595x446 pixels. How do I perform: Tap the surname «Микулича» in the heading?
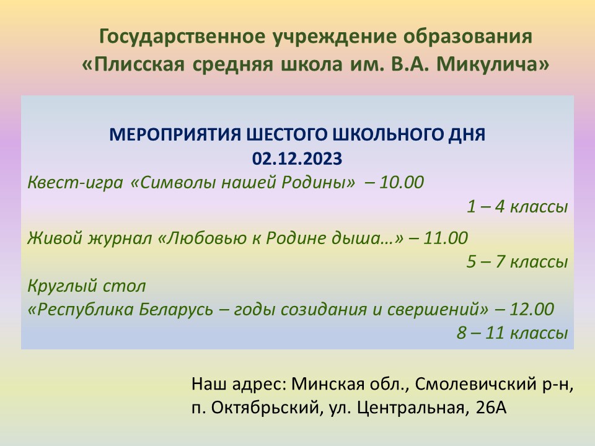click(x=493, y=64)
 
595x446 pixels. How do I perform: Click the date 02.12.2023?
click(x=297, y=159)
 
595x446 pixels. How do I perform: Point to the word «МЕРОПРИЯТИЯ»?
click(x=175, y=134)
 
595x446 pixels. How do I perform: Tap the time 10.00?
click(x=402, y=182)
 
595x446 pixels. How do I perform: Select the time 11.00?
click(x=446, y=238)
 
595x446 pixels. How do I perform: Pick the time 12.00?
click(x=532, y=309)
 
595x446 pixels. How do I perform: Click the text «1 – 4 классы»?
click(x=517, y=207)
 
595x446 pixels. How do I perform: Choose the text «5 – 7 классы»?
click(x=517, y=261)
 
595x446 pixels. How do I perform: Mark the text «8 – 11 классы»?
click(x=513, y=333)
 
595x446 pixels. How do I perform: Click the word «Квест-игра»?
click(x=75, y=182)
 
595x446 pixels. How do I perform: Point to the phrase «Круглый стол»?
click(x=87, y=286)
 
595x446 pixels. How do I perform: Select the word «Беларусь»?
click(x=176, y=310)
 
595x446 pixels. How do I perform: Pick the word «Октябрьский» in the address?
click(x=264, y=408)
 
